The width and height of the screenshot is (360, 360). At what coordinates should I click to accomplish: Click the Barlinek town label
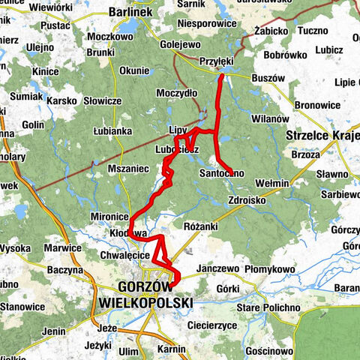point(130,12)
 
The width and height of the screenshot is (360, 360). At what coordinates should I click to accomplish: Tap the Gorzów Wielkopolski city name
point(145,295)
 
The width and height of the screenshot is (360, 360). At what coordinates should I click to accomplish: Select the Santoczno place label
point(221,173)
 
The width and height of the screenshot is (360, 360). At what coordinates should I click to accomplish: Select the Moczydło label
point(176,93)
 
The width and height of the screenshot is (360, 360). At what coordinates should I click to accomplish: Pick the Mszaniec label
point(129,169)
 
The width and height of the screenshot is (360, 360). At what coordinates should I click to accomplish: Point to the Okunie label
point(134,70)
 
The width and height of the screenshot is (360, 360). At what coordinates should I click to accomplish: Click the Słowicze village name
point(102,100)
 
